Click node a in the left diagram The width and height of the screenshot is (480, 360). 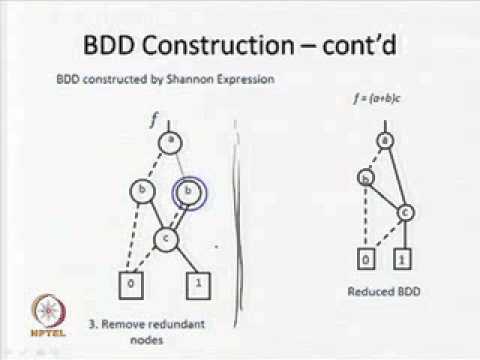(x=171, y=141)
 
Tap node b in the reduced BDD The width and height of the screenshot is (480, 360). (x=366, y=178)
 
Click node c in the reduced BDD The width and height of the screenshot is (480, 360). (x=405, y=212)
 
